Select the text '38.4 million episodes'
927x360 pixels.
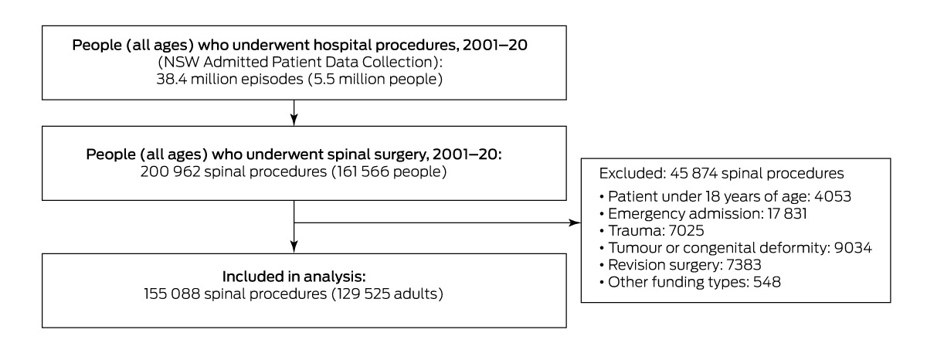click(229, 79)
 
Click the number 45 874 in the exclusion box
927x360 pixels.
click(694, 173)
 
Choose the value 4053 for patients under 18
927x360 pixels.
click(833, 196)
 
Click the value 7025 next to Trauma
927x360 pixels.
click(686, 230)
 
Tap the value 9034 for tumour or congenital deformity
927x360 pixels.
click(853, 248)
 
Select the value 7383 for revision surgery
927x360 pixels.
click(744, 265)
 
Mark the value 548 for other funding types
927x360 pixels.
click(767, 282)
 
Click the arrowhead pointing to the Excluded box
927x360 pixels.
click(575, 223)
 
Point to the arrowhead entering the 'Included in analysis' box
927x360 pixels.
click(294, 247)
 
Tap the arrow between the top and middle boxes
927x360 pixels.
click(294, 113)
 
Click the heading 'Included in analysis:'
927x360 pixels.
click(294, 277)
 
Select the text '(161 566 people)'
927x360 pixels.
click(389, 172)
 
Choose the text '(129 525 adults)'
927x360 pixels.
click(387, 294)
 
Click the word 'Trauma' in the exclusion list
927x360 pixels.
click(636, 230)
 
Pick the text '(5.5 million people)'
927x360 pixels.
click(375, 79)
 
